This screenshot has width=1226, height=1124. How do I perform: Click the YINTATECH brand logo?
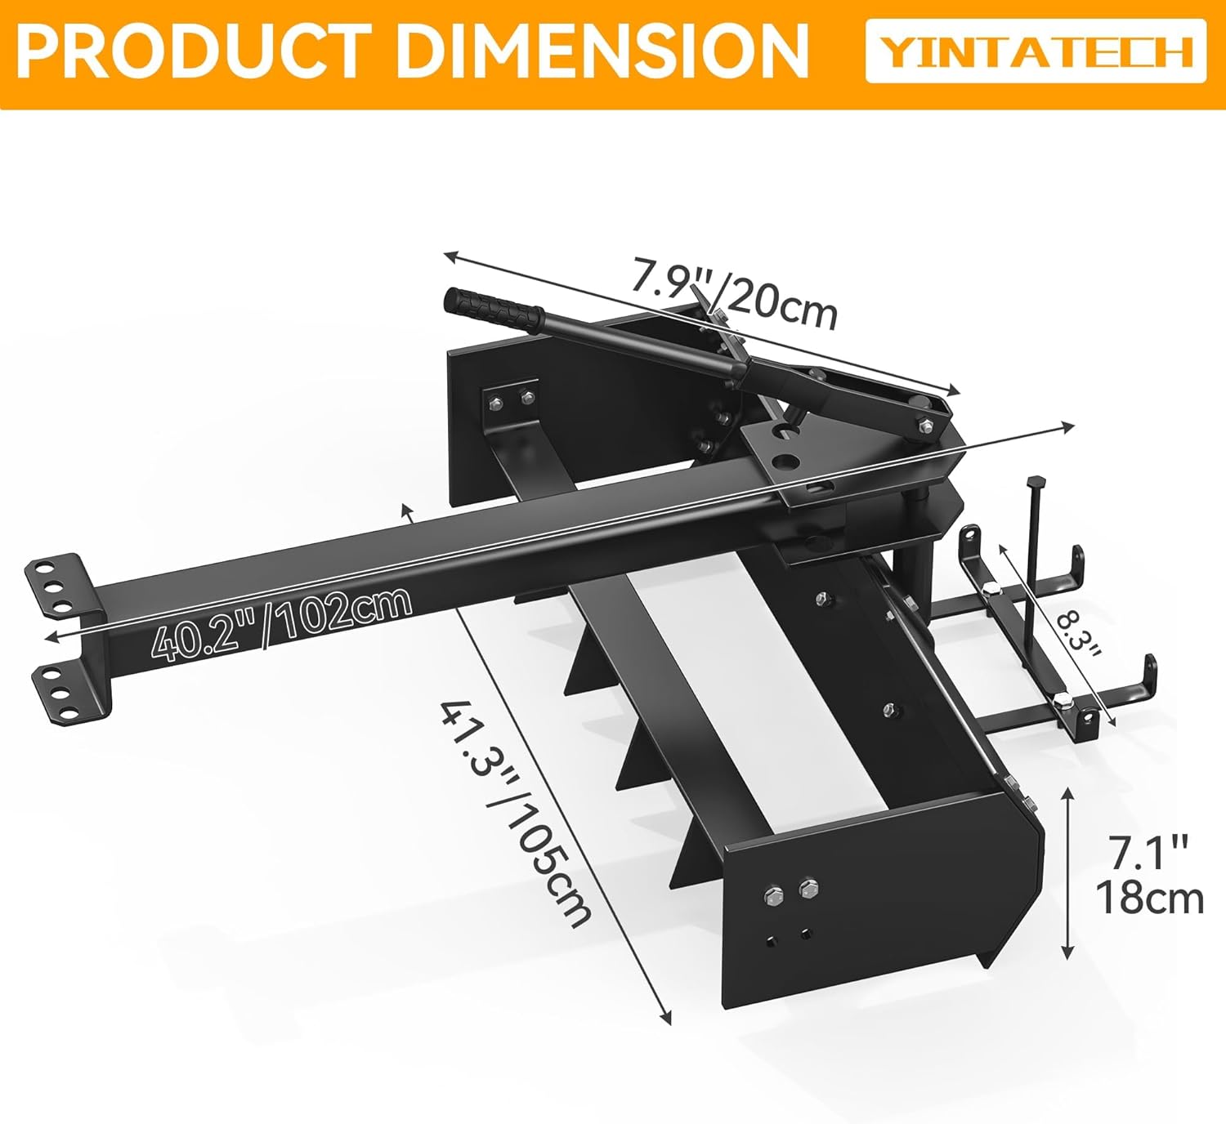pos(1036,51)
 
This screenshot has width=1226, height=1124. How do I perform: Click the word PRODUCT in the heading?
pos(193,51)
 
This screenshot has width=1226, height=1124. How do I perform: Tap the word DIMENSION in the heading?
pos(603,51)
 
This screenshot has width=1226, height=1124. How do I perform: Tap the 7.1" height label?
pos(1148,853)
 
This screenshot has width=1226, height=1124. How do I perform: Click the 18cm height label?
pos(1149,899)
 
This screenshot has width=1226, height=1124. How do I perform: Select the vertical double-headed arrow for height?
pos(1067,872)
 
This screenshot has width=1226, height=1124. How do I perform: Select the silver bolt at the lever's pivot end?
pos(926,424)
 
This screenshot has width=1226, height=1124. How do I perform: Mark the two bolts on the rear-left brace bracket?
pos(511,400)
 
